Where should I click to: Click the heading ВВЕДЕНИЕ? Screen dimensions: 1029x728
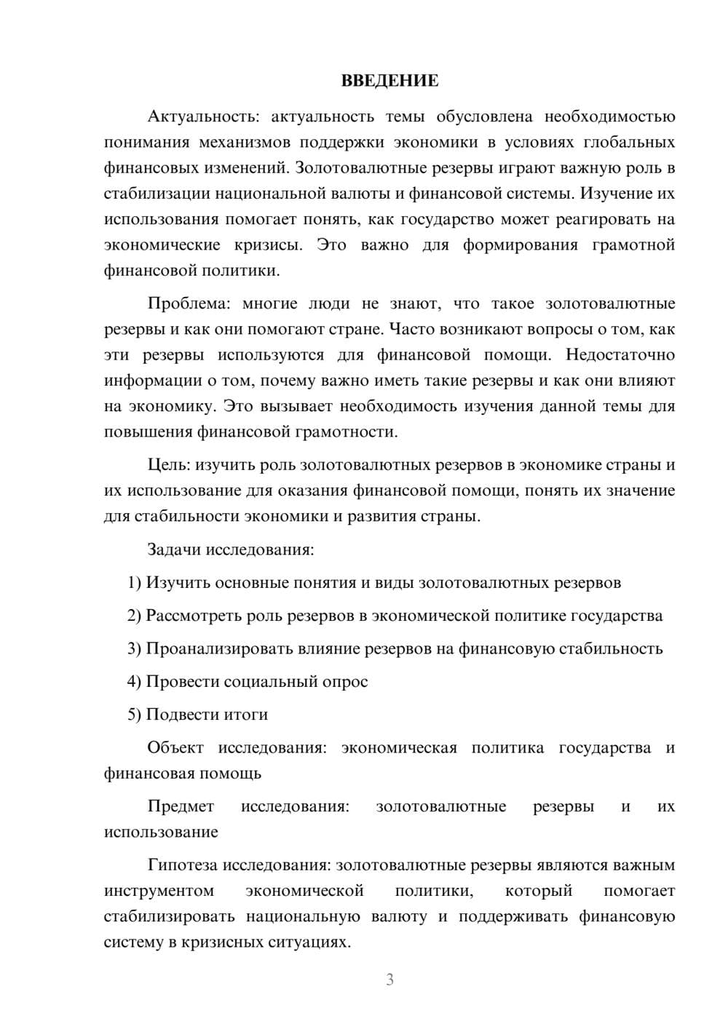pyautogui.click(x=389, y=81)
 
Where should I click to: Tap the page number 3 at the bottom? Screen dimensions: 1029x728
pyautogui.click(x=389, y=980)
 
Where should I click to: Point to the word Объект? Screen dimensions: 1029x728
pyautogui.click(x=175, y=747)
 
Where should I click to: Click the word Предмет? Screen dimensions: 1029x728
pyautogui.click(x=181, y=806)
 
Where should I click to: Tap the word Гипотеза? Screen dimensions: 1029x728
pyautogui.click(x=182, y=865)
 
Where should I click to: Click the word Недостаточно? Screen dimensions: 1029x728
pyautogui.click(x=620, y=355)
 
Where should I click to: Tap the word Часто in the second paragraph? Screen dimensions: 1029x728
pyautogui.click(x=411, y=329)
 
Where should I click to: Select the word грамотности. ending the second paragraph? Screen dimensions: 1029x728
pyautogui.click(x=346, y=432)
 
